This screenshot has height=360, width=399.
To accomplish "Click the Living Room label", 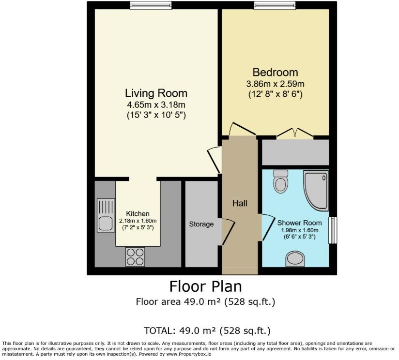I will coord(156,93).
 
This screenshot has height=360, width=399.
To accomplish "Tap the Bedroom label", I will coord(275,73).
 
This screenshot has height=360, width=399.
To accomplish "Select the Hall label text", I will coord(240,203).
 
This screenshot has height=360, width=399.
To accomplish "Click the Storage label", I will coord(201,224).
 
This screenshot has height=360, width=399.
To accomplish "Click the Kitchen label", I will coord(138,213).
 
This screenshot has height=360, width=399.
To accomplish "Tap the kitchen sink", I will coord(105,216).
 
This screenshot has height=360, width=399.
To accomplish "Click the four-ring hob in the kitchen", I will coord(135,256).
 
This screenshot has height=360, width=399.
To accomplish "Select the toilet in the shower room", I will coord(280,181).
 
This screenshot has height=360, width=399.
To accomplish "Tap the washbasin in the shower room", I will coord(295,259).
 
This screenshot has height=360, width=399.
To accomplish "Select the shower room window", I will coord(333,230).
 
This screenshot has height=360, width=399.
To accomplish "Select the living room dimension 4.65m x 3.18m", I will coord(156,105).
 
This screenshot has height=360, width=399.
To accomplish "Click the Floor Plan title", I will coord(205,286).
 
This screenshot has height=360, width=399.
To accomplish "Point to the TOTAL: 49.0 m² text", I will coord(207,331).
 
